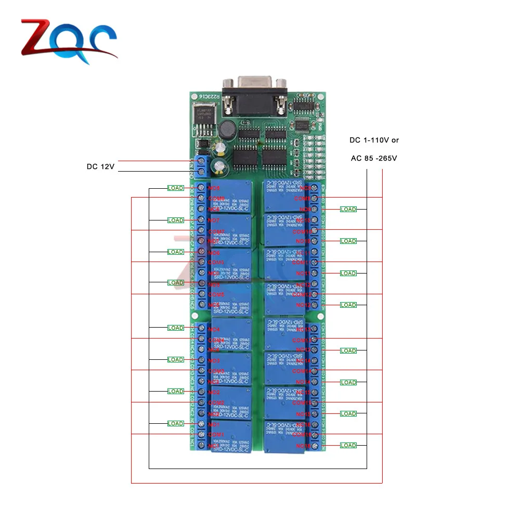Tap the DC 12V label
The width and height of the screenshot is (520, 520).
point(100,167)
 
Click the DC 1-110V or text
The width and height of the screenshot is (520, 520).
point(374,140)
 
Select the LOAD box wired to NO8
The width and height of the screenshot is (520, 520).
point(175,188)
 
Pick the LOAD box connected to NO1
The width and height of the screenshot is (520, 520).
point(175,423)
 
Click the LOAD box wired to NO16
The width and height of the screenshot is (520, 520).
point(348,445)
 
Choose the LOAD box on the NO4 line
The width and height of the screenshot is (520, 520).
point(175,328)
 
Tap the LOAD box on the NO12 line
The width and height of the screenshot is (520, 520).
point(348,305)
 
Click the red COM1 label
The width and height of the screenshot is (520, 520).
point(216,434)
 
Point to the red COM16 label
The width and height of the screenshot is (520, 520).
point(302,434)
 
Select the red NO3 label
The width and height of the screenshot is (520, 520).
point(214,360)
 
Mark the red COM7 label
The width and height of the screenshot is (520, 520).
point(216,231)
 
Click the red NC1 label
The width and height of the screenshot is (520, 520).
point(214,446)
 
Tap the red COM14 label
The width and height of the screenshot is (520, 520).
point(302,371)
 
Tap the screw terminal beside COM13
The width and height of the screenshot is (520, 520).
point(315,340)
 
